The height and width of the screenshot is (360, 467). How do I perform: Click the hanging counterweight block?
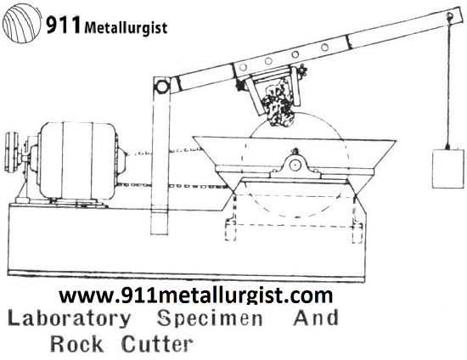coord(445,169)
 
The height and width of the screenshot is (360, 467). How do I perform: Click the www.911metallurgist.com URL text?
coord(196,296)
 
